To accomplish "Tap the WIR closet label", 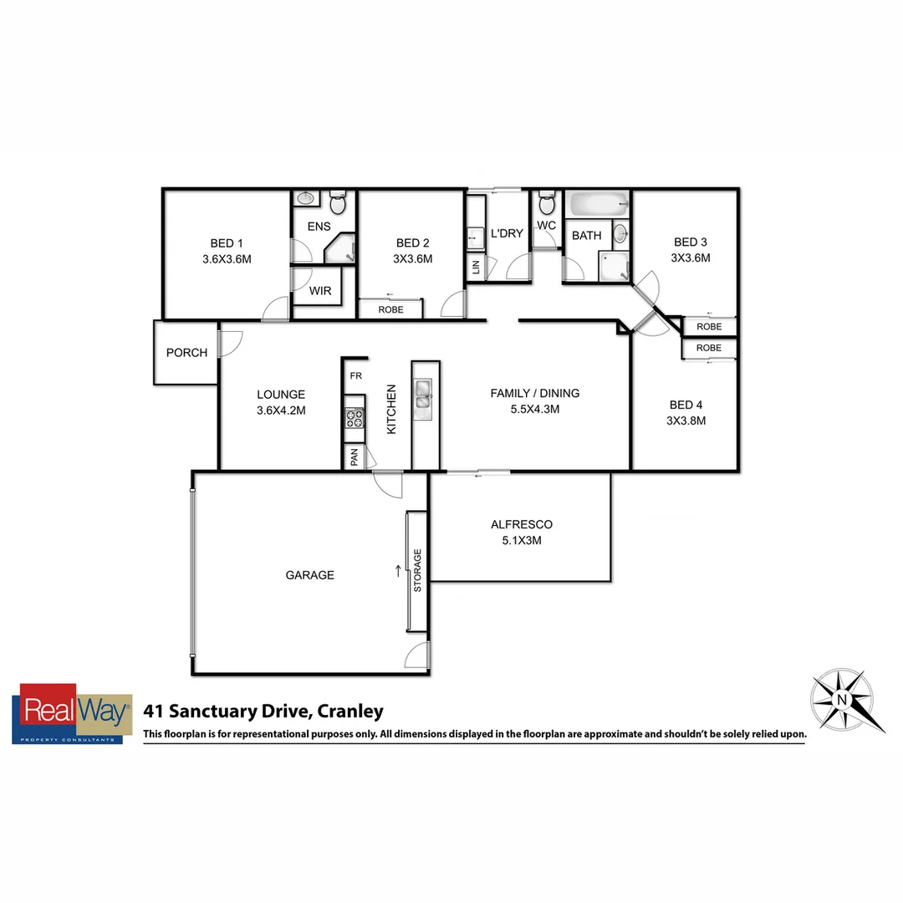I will pyautogui.click(x=319, y=291).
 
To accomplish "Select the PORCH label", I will pyautogui.click(x=186, y=353).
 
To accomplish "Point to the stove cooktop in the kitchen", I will pyautogui.click(x=355, y=418).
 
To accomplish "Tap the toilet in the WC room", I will pyautogui.click(x=547, y=202).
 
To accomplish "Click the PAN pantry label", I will pyautogui.click(x=354, y=457).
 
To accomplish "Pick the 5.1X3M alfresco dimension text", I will pyautogui.click(x=522, y=540).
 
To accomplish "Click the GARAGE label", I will pyautogui.click(x=309, y=575).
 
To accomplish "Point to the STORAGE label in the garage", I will pyautogui.click(x=417, y=571).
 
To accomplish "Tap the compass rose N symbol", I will pyautogui.click(x=842, y=699).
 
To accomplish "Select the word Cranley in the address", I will pyautogui.click(x=350, y=712).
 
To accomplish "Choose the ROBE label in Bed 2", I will pyautogui.click(x=390, y=309).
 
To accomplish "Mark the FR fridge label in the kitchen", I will pyautogui.click(x=355, y=376).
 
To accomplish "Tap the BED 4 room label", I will pyautogui.click(x=686, y=406).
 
